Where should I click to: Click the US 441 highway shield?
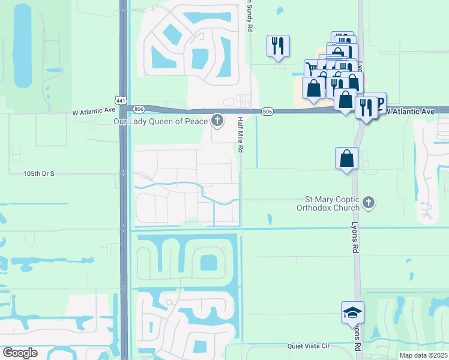[x=122, y=101]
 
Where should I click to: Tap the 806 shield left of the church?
[x=139, y=109]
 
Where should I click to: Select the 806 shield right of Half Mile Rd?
[x=268, y=112]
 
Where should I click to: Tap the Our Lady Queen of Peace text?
[x=160, y=121]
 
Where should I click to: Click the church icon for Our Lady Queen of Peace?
[x=217, y=121]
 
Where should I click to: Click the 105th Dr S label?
[x=39, y=173]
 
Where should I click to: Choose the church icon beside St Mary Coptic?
[x=369, y=203]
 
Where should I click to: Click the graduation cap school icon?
[x=352, y=312]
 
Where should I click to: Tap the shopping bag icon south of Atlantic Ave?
[x=346, y=158]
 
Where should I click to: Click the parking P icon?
[x=377, y=101]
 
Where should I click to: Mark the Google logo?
[x=20, y=353]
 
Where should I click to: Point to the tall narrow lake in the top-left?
[x=22, y=46]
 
